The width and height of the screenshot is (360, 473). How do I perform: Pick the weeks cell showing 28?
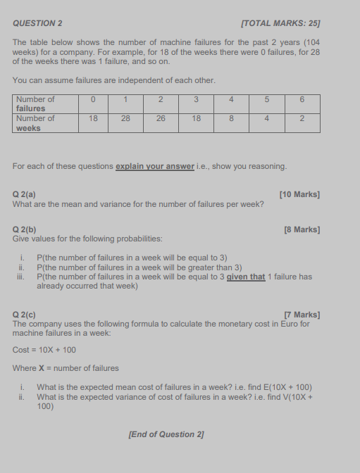pyautogui.click(x=125, y=119)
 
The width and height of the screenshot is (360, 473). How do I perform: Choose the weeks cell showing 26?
pyautogui.click(x=161, y=119)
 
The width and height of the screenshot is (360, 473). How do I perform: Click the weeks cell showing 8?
pyautogui.click(x=231, y=119)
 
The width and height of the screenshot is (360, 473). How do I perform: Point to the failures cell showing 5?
pyautogui.click(x=266, y=100)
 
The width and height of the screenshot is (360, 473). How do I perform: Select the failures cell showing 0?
pyautogui.click(x=92, y=100)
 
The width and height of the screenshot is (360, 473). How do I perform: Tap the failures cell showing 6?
pyautogui.click(x=302, y=100)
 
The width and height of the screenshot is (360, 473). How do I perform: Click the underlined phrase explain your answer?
pyautogui.click(x=154, y=166)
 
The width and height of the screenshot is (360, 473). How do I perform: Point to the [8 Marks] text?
pyautogui.click(x=302, y=229)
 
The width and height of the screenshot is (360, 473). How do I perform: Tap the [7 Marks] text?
pyautogui.click(x=302, y=315)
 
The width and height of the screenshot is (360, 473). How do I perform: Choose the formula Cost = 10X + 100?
pyautogui.click(x=44, y=350)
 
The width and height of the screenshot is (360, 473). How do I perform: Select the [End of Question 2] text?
pyautogui.click(x=166, y=434)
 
